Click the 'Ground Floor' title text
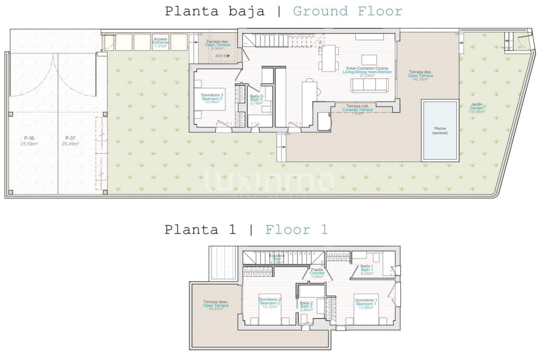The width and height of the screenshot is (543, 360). (x=347, y=11)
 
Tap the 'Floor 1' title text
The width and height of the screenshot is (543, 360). (x=296, y=230)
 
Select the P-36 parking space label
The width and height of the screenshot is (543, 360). (x=29, y=141)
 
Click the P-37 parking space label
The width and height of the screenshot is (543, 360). (x=70, y=141)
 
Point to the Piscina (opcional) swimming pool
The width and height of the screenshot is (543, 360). (x=440, y=131)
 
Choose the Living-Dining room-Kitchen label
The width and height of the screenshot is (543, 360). (x=367, y=72)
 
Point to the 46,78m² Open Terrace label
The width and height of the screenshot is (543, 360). (x=420, y=75)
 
